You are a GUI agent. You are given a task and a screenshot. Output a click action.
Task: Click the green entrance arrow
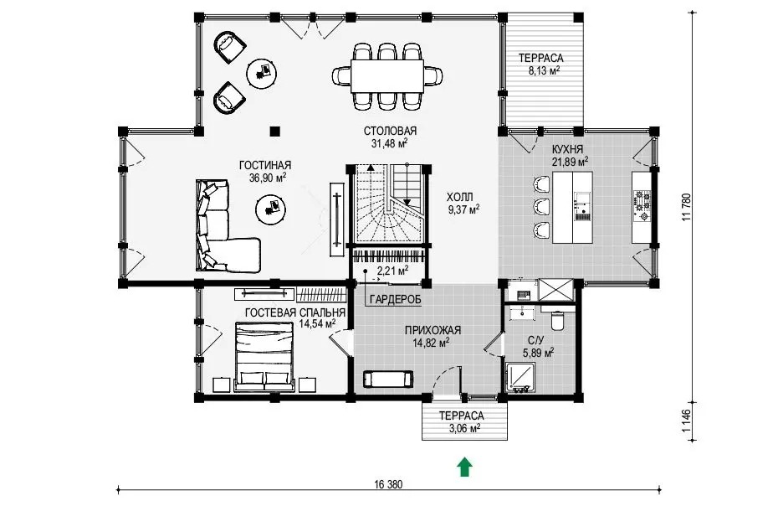(464, 467)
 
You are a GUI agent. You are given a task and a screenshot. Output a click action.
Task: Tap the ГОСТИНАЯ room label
(265, 166)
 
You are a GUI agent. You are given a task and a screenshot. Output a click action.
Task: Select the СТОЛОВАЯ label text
(390, 132)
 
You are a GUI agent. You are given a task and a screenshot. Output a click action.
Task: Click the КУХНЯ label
(568, 149)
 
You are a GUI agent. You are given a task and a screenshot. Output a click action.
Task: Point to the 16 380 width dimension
(389, 484)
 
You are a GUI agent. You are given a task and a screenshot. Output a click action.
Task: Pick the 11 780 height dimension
(687, 207)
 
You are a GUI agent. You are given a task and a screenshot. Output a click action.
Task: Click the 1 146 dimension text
(687, 421)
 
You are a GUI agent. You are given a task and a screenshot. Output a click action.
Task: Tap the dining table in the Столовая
(387, 76)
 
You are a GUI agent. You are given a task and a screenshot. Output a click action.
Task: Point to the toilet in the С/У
(558, 321)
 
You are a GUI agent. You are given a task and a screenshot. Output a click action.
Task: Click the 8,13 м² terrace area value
(544, 70)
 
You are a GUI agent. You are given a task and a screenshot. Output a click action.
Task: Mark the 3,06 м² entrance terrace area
(464, 428)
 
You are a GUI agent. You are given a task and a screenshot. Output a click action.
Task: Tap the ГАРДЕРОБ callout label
(395, 299)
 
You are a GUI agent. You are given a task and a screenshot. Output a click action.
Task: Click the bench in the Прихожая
(388, 379)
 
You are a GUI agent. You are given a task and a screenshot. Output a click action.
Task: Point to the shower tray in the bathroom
(520, 378)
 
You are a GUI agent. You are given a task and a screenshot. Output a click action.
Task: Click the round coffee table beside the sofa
(270, 209)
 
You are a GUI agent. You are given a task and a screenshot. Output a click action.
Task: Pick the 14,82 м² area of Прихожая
(431, 343)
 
